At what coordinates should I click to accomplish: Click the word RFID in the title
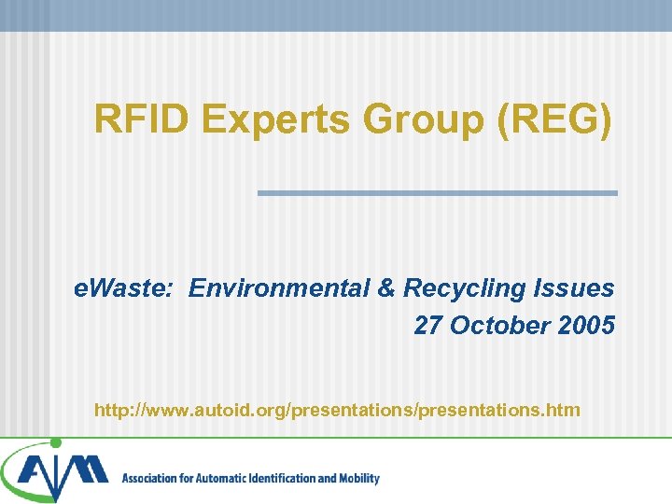tap(141, 119)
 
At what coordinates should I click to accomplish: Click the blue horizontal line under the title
tap(437, 193)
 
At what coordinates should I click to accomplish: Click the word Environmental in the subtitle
tap(279, 288)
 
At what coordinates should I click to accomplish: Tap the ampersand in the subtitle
tap(386, 288)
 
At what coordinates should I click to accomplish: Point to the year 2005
tap(588, 326)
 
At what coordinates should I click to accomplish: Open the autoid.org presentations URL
tap(337, 410)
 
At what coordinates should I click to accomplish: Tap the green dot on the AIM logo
tap(56, 442)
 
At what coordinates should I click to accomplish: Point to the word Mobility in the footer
tap(358, 479)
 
